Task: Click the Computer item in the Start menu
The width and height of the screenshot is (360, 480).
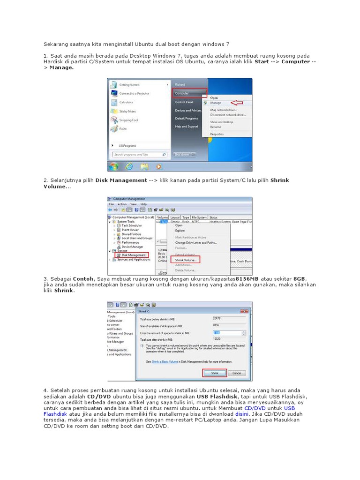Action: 182,93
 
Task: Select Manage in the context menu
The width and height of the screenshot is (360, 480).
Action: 216,103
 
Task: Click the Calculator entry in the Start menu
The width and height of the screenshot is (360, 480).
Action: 126,102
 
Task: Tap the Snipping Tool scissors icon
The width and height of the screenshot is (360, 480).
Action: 114,120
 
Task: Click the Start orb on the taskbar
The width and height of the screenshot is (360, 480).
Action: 113,166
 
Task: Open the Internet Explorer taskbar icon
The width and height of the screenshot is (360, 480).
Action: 129,166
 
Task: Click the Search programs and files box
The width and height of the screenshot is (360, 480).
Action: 140,154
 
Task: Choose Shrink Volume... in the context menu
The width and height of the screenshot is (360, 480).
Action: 186,259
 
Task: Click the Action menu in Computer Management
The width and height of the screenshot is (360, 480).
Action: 122,204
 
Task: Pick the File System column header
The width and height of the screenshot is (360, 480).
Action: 199,217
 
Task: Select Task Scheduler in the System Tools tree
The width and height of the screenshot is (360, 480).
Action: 132,225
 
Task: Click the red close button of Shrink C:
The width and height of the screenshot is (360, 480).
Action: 243,311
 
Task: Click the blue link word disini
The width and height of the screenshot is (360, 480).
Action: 242,414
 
